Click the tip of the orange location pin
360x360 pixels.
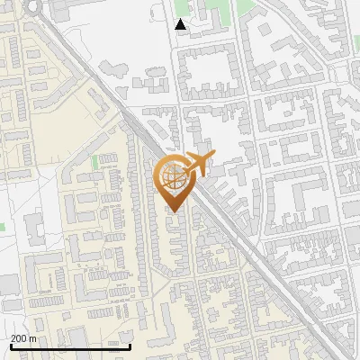click(174, 211)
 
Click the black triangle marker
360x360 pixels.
click(181, 24)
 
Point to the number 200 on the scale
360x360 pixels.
click(19, 338)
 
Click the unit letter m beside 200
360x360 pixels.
click(33, 338)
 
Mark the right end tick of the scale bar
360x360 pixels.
click(130, 346)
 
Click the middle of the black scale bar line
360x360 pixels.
click(69, 347)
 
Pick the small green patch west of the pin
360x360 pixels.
click(94, 162)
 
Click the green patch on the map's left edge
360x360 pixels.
click(2, 225)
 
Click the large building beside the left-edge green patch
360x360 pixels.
click(34, 229)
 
